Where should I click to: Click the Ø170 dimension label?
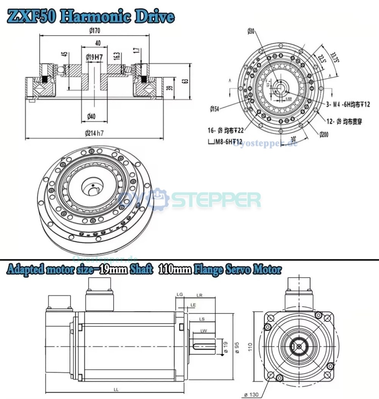[x=95, y=31]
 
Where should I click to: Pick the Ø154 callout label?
[x=215, y=109]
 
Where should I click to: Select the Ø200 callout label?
[x=324, y=134]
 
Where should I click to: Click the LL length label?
[x=116, y=389]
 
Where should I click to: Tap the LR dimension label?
[x=199, y=295]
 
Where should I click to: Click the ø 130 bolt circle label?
[x=251, y=394]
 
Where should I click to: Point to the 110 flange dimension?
[x=250, y=347]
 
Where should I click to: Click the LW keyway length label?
[x=203, y=331]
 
